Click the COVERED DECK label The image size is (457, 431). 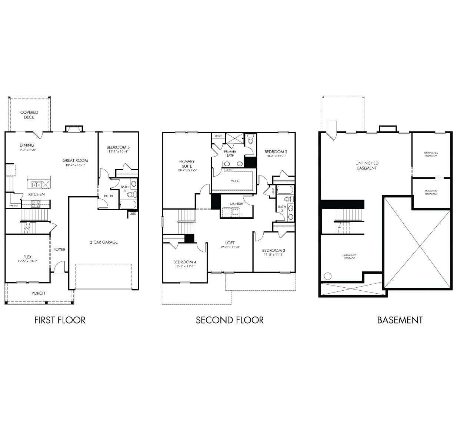pos(29,115)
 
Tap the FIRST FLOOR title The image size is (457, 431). pos(60,320)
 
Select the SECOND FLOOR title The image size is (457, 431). pos(230,320)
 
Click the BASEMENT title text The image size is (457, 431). pos(400,320)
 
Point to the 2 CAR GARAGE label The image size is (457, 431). pos(103,242)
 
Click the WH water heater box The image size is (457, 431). pos(133,213)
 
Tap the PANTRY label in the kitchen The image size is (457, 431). pos(13,206)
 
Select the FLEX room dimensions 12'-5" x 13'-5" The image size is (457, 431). pos(27,261)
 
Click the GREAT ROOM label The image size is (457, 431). pos(75,161)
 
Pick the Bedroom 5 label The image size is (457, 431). pos(118,147)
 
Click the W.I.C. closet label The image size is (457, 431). pos(236,181)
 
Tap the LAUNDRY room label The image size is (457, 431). pos(236,204)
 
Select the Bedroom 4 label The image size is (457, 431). pos(184,262)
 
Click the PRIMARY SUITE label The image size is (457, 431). pos(187,164)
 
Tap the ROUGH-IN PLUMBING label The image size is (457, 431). pos(431,193)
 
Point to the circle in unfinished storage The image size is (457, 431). pos(327,276)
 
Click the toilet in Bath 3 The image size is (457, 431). pos(130,194)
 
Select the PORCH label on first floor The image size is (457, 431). pos(38,293)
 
